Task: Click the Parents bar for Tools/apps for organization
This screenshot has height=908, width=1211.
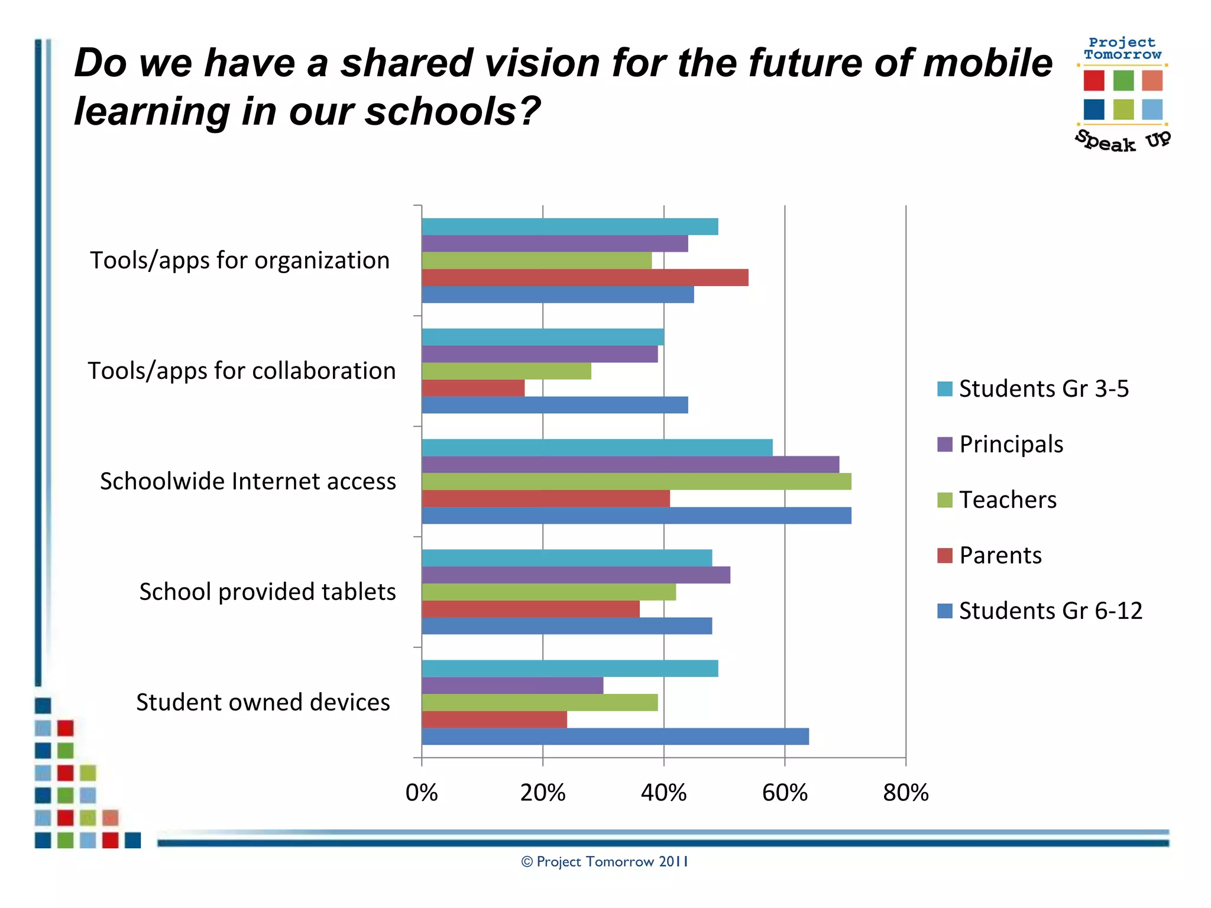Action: point(585,277)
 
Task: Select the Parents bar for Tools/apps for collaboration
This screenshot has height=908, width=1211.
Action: point(473,388)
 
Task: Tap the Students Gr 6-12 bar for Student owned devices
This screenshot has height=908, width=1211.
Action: point(615,736)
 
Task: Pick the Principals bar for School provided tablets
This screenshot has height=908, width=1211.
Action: point(576,575)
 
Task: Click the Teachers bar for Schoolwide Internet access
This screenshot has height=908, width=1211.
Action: point(636,481)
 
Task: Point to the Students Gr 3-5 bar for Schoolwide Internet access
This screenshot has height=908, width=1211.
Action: point(597,447)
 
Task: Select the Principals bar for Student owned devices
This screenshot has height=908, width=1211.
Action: point(512,685)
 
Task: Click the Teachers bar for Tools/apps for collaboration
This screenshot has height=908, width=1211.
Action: point(506,371)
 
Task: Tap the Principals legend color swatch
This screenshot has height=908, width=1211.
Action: point(944,444)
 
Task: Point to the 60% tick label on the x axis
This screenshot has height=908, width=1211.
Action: point(784,793)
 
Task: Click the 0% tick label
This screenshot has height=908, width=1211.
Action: point(422,793)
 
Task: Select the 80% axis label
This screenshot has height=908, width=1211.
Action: point(905,793)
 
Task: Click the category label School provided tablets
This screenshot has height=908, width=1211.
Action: point(267,592)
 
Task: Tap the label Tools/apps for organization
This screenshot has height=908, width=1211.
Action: point(239,260)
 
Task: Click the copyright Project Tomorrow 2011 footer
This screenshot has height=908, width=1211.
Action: point(604,861)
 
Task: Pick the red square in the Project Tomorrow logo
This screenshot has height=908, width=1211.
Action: point(1093,80)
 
